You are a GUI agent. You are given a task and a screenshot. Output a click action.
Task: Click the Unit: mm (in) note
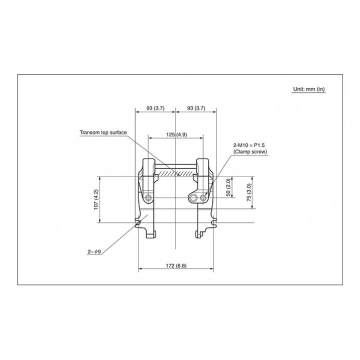(x=309, y=89)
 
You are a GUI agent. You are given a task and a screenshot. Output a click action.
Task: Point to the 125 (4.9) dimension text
(x=176, y=134)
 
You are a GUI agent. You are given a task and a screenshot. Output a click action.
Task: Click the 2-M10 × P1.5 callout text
(x=249, y=145)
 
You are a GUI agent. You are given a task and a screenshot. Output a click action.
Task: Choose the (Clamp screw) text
(x=250, y=152)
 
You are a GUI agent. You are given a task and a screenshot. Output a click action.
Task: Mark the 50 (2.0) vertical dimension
(x=228, y=187)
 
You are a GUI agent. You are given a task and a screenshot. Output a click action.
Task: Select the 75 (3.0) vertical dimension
(x=249, y=192)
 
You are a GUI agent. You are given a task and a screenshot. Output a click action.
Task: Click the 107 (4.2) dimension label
(x=96, y=199)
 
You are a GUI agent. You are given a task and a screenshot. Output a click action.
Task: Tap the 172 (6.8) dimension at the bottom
(x=176, y=265)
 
